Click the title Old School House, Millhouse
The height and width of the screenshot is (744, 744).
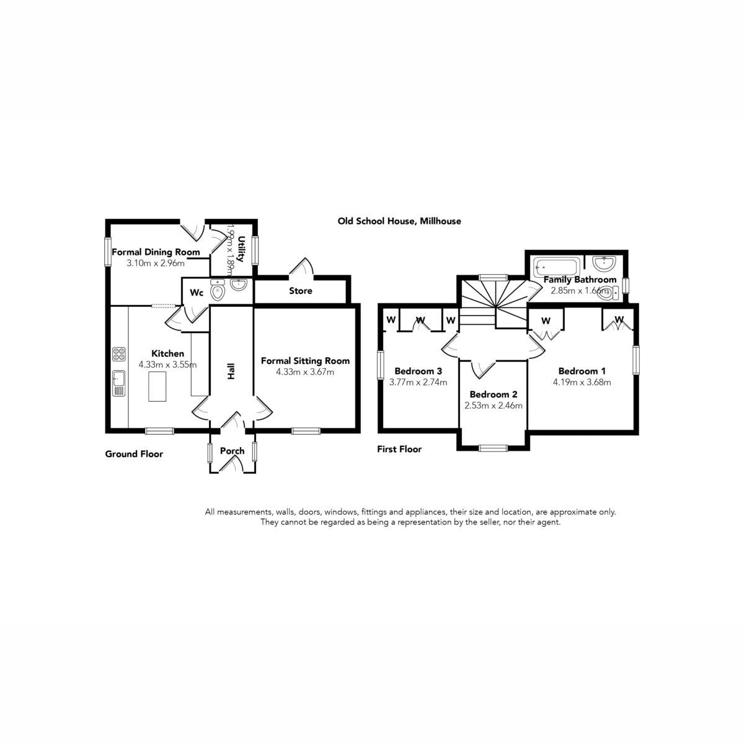[x=399, y=221]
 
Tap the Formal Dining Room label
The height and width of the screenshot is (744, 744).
[x=156, y=252]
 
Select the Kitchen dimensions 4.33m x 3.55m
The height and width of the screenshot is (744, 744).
[x=167, y=365]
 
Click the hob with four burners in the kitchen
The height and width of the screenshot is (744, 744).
[x=119, y=354]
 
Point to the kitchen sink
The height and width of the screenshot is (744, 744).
[x=119, y=383]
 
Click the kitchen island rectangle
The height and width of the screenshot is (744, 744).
[x=157, y=386]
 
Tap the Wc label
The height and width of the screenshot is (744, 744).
[x=197, y=293]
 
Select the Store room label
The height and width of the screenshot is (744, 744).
[x=300, y=291]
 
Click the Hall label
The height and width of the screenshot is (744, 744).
[x=231, y=371]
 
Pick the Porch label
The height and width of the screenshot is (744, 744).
[x=232, y=451]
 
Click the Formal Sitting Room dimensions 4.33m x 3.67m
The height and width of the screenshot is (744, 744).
[x=305, y=372]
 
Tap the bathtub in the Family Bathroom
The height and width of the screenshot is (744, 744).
[x=556, y=267]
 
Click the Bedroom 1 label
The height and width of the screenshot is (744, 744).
[x=582, y=371]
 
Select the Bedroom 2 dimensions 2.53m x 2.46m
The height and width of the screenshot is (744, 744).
[x=494, y=405]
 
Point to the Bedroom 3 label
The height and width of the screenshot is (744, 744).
[x=418, y=371]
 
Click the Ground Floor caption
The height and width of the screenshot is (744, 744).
[x=134, y=454]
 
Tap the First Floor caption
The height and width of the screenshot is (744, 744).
[x=399, y=449]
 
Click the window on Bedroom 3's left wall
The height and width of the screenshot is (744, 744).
[x=381, y=365]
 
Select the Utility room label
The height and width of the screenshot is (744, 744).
[x=241, y=249]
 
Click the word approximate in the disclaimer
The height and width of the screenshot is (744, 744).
[x=573, y=512]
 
